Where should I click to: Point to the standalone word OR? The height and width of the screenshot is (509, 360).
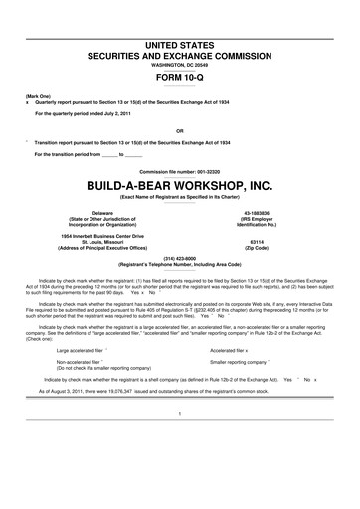(x=179, y=129)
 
